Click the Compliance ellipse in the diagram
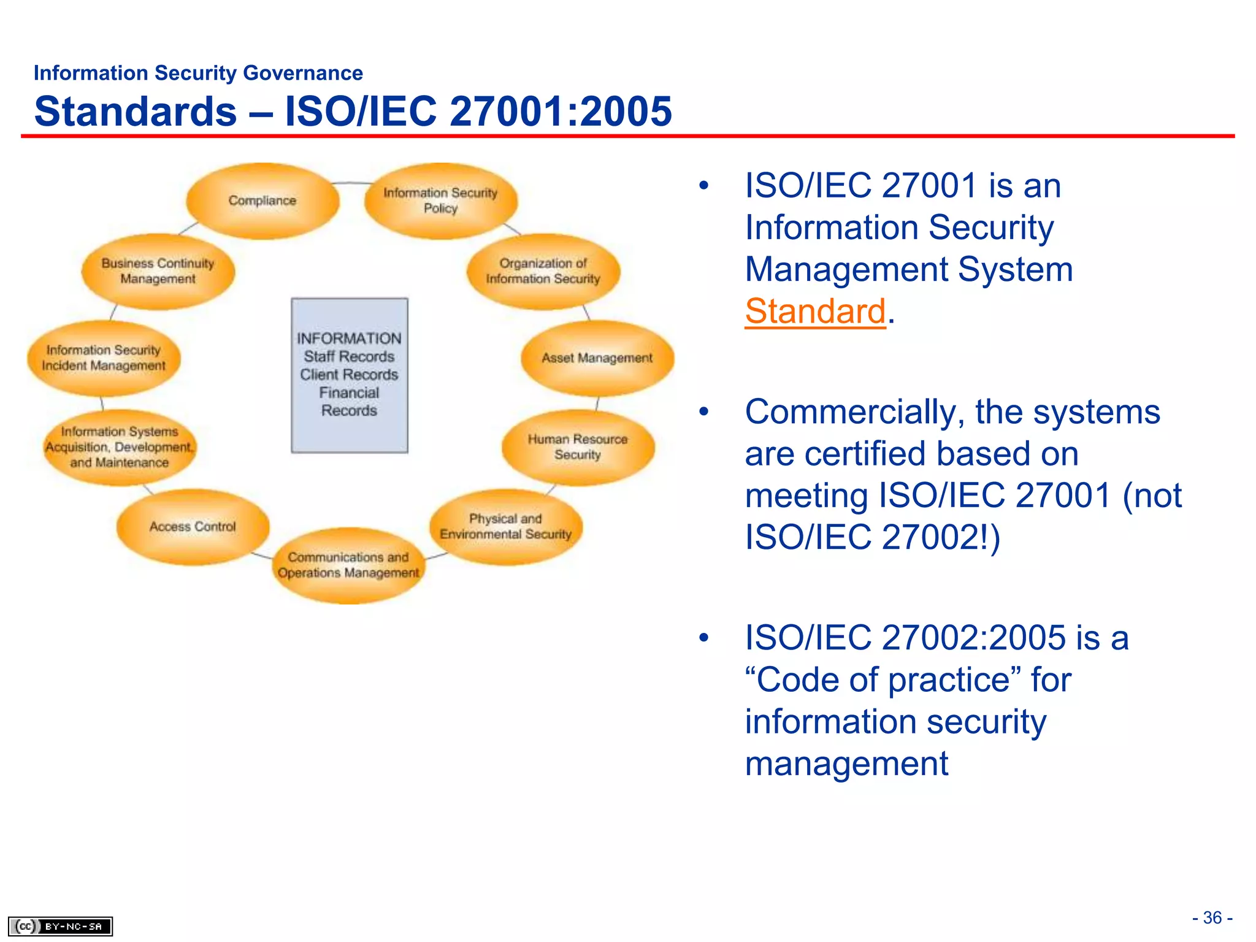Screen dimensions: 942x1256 tap(262, 201)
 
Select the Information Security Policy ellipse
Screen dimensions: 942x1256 tap(440, 201)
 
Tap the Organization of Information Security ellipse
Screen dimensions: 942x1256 tap(543, 270)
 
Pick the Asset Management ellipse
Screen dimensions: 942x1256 tap(597, 358)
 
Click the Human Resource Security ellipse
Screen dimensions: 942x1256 tap(578, 447)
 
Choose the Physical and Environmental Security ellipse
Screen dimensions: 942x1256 tap(505, 526)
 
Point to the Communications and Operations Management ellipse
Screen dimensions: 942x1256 tap(348, 565)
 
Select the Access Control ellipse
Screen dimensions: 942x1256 tap(193, 526)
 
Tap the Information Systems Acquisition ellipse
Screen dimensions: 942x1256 tap(120, 447)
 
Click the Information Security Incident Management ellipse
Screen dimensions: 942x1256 tap(104, 358)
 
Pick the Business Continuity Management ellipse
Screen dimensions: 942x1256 tap(158, 270)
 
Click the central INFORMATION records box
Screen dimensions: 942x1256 tap(350, 375)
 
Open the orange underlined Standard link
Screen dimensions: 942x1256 tap(815, 311)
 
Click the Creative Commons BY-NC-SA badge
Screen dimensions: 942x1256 tap(60, 926)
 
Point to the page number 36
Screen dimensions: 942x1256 tap(1212, 917)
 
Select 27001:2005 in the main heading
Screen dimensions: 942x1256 tap(561, 112)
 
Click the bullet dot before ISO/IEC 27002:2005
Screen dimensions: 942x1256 tap(703, 638)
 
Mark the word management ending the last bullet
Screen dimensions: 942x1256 tap(846, 764)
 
